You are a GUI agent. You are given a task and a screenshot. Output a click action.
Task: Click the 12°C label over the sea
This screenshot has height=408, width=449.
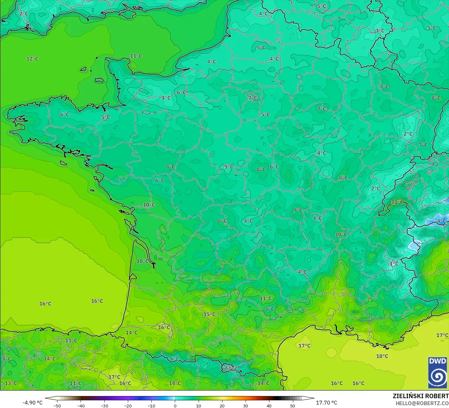click(x=32, y=59)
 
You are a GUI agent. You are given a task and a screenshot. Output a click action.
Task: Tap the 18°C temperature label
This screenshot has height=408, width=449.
click(x=382, y=356)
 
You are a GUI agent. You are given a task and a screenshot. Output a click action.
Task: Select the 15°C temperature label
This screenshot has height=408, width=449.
click(x=209, y=314)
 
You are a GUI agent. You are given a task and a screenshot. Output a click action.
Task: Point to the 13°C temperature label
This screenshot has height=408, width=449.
click(x=10, y=383)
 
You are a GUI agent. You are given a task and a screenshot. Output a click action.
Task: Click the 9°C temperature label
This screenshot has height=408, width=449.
click(x=298, y=210)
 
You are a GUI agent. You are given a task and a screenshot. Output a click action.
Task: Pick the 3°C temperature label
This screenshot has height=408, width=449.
click(x=380, y=31)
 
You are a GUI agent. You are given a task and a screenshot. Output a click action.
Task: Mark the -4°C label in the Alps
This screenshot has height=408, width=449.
click(x=441, y=221)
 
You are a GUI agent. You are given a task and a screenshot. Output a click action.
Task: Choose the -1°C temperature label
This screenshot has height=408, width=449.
click(x=393, y=264)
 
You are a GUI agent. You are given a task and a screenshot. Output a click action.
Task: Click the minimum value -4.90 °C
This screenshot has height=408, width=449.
click(x=32, y=403)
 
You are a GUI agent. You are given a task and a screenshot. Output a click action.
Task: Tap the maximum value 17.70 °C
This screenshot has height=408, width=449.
click(x=327, y=403)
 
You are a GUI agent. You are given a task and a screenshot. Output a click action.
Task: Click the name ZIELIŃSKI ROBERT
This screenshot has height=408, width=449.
click(x=420, y=396)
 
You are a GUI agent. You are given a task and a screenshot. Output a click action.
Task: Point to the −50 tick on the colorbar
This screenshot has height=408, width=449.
click(x=57, y=405)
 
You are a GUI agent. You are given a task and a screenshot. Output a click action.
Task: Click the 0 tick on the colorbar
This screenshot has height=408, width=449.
click(x=175, y=405)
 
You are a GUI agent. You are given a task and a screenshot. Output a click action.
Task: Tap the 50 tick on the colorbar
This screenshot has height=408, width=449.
click(x=292, y=405)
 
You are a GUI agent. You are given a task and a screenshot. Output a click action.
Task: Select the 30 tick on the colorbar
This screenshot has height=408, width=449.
click(x=245, y=405)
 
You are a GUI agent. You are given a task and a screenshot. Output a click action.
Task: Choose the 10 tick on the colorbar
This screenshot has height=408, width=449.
click(x=198, y=405)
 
